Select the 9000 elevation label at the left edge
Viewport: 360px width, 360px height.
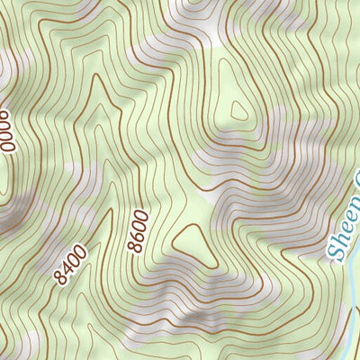click(x=7, y=130)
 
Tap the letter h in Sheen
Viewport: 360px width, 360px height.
click(x=338, y=236)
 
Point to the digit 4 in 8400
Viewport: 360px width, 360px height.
click(x=67, y=267)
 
